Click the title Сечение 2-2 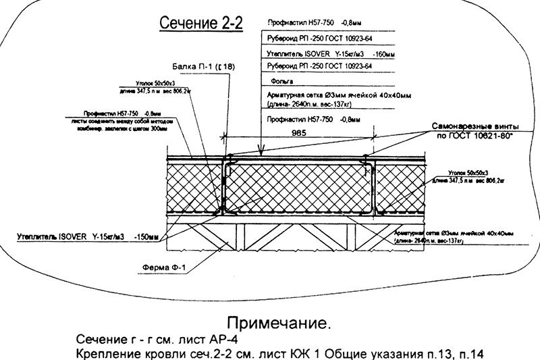pyautogui.click(x=199, y=24)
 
